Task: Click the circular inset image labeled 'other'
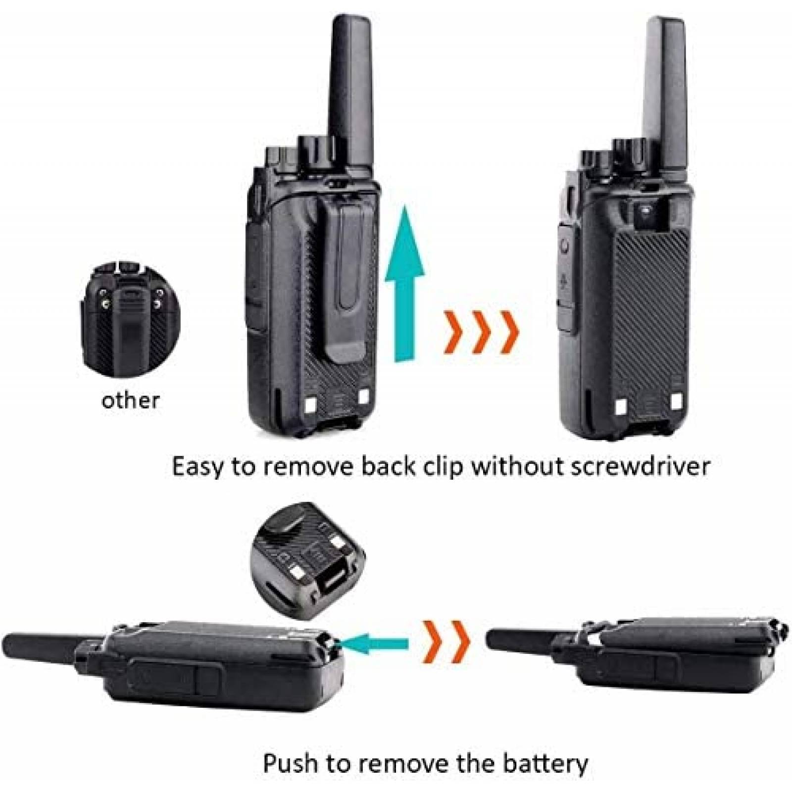(x=130, y=317)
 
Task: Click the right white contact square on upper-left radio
(x=364, y=384)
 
